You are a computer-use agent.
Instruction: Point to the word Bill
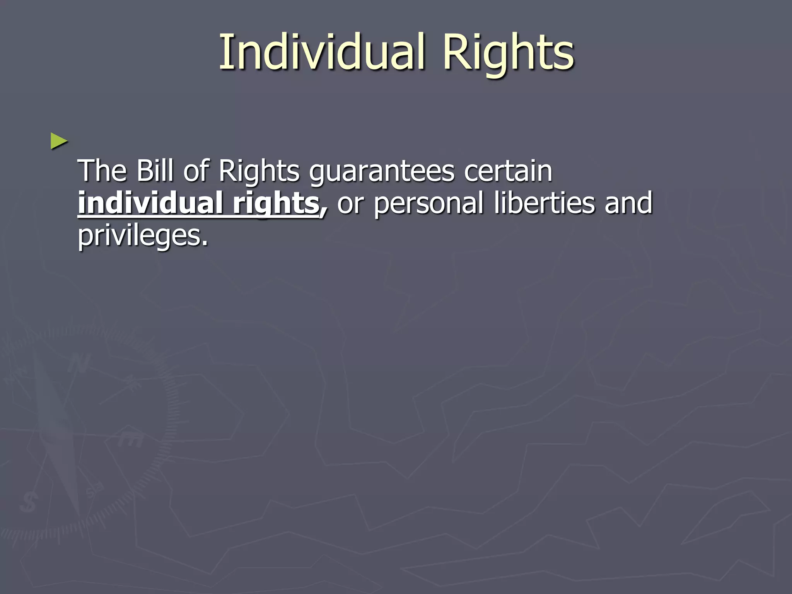(155, 171)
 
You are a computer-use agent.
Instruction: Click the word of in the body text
(196, 171)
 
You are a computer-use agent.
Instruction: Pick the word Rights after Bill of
(259, 171)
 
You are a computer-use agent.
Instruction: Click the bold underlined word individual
(150, 203)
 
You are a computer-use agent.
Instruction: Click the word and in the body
(628, 203)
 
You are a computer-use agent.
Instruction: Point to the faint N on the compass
(79, 364)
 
